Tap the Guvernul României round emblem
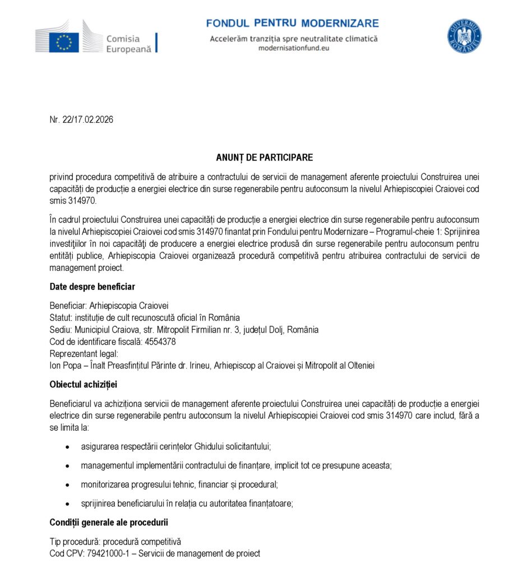pyautogui.click(x=464, y=36)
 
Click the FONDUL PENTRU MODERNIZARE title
pyautogui.click(x=292, y=23)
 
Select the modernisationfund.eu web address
pyautogui.click(x=293, y=48)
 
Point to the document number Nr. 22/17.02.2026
pyautogui.click(x=81, y=119)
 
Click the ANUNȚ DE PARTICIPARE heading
pyautogui.click(x=265, y=158)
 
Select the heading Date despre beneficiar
pyautogui.click(x=92, y=287)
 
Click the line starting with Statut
pyautogui.click(x=145, y=318)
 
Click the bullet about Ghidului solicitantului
pyautogui.click(x=176, y=447)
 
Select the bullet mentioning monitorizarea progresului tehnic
pyautogui.click(x=179, y=484)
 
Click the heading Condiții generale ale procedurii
pyautogui.click(x=109, y=522)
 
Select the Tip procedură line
pyautogui.click(x=115, y=542)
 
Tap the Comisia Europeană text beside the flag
pyautogui.click(x=129, y=44)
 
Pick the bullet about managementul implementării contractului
pyautogui.click(x=236, y=466)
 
